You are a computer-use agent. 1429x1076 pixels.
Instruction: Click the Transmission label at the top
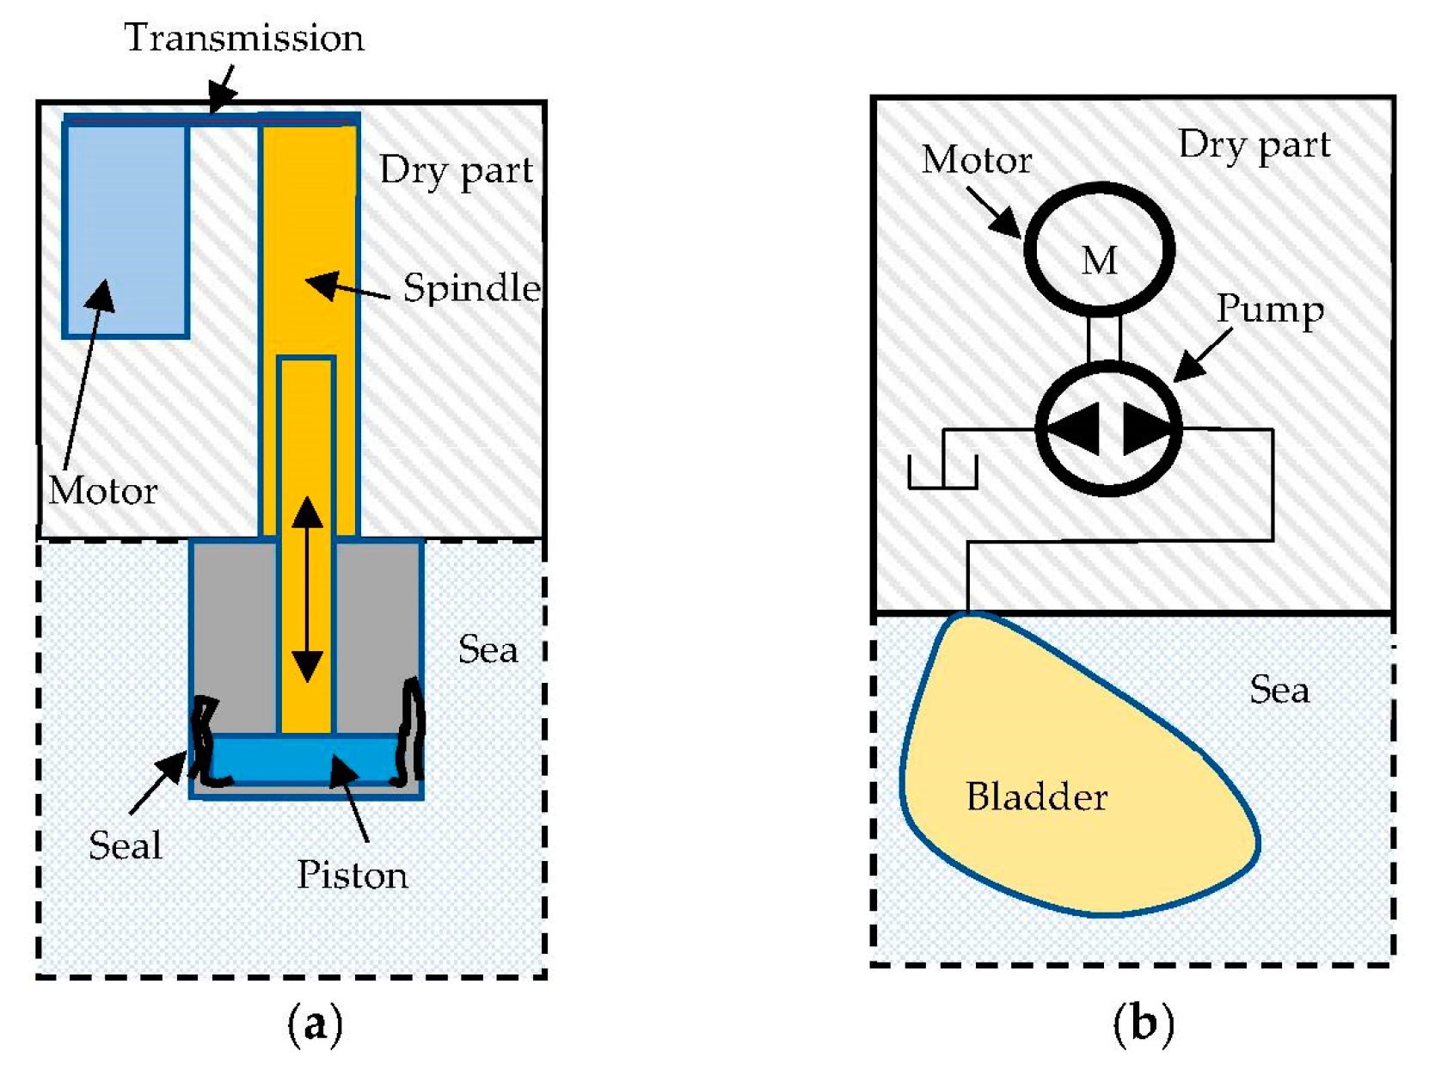coord(244,39)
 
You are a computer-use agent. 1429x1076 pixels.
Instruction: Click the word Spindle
coord(471,288)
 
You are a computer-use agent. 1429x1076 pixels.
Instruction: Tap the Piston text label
coord(353,876)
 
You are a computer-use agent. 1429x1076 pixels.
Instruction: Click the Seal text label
coord(126,845)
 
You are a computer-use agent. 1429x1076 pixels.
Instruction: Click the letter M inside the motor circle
coord(1100,261)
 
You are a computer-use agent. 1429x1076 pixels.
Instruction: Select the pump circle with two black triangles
coord(1108,427)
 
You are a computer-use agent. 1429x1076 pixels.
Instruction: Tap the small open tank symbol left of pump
coord(942,471)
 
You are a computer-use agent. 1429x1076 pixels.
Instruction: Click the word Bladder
coord(1036,797)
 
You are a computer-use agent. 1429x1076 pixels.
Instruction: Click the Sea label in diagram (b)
coord(1279,690)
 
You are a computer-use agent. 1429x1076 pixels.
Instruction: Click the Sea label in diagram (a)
coord(488,649)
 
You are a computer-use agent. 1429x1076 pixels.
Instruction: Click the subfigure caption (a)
coord(315,1024)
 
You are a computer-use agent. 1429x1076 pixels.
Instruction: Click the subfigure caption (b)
coord(1143,1024)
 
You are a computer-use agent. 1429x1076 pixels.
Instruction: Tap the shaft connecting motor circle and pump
coord(1104,338)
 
